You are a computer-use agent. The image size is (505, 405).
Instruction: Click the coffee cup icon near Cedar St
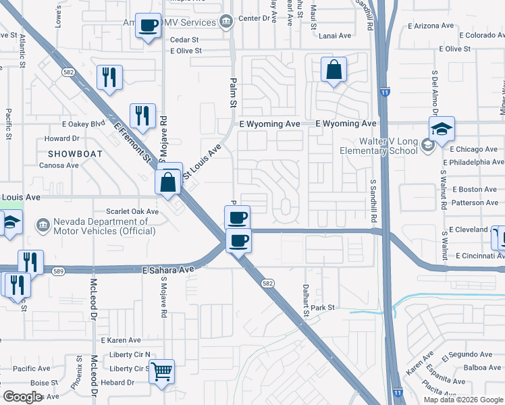[x=148, y=26]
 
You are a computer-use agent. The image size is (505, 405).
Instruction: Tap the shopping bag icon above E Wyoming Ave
[x=334, y=70]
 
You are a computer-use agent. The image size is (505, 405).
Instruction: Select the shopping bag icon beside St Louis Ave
[x=167, y=182]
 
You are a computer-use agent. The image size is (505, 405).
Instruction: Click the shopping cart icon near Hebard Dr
[x=161, y=371]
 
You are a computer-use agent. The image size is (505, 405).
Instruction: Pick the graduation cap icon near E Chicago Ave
[x=441, y=129]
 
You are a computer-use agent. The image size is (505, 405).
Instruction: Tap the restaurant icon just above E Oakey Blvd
[x=108, y=77]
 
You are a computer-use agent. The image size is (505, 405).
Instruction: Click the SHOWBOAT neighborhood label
[x=75, y=154]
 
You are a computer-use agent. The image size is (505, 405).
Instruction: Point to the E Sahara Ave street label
[x=168, y=269]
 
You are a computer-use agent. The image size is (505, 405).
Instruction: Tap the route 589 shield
[x=59, y=271]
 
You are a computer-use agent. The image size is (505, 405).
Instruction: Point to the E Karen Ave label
[x=121, y=340]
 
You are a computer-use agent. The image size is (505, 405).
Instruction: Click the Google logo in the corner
[x=23, y=397]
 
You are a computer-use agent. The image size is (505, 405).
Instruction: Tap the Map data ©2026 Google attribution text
[x=463, y=399]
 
